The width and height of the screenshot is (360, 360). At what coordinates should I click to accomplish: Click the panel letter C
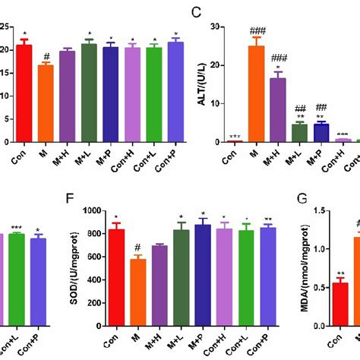[x=197, y=12]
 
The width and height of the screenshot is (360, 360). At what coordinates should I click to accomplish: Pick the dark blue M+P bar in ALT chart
[x=321, y=133]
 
